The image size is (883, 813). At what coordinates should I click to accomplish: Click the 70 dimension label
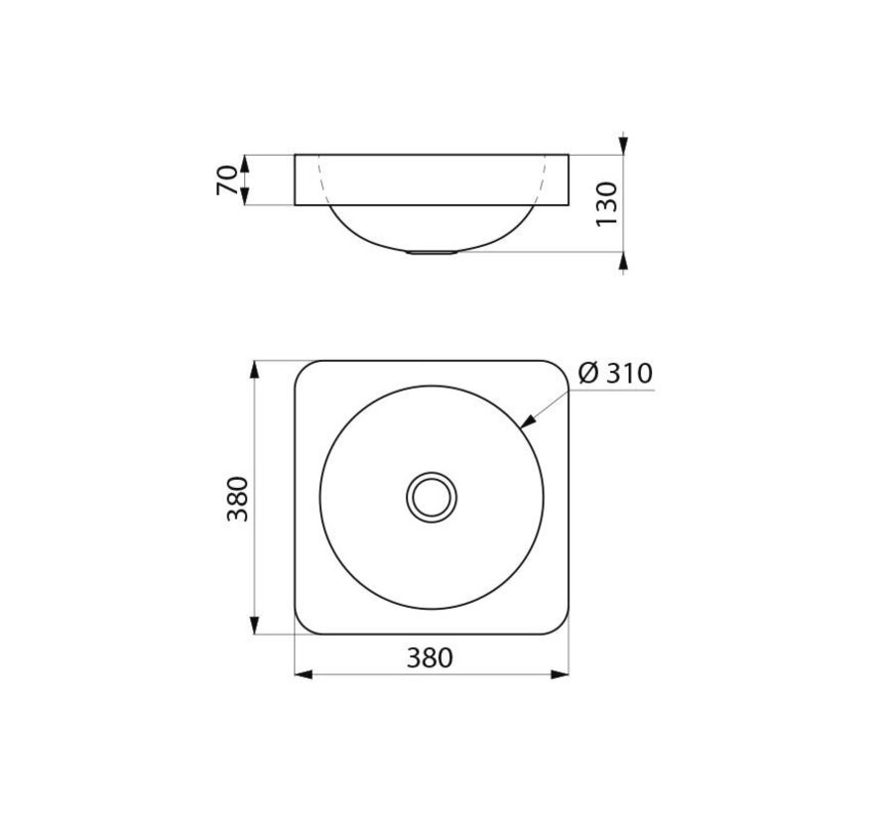(227, 180)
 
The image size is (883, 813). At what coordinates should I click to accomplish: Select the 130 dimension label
(608, 202)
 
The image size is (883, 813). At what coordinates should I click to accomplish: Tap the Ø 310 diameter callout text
(614, 374)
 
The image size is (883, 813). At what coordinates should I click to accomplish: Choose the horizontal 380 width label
(429, 657)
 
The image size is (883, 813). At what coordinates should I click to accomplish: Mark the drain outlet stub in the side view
(432, 253)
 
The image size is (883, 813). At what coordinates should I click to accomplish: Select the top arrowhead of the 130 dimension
(622, 145)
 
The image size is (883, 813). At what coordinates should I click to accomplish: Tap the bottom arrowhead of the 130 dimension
(622, 263)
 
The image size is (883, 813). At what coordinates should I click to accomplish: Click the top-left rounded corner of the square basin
(304, 369)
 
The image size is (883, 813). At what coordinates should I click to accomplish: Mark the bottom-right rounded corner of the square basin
(561, 625)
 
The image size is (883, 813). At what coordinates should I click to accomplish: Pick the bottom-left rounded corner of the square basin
(304, 625)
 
